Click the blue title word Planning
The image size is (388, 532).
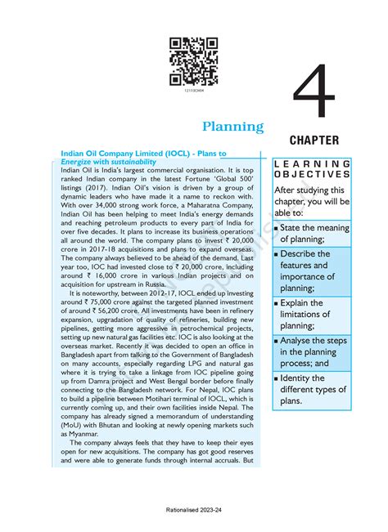[233, 127]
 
